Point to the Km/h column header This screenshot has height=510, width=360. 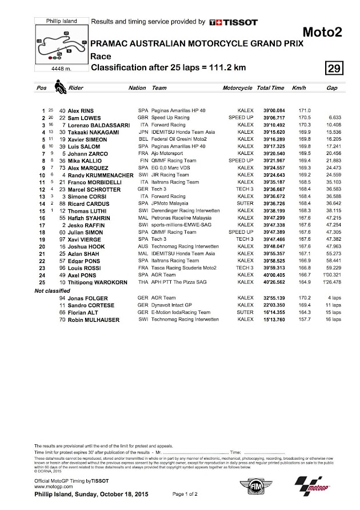tap(299, 89)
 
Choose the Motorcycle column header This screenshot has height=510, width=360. tap(237, 89)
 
